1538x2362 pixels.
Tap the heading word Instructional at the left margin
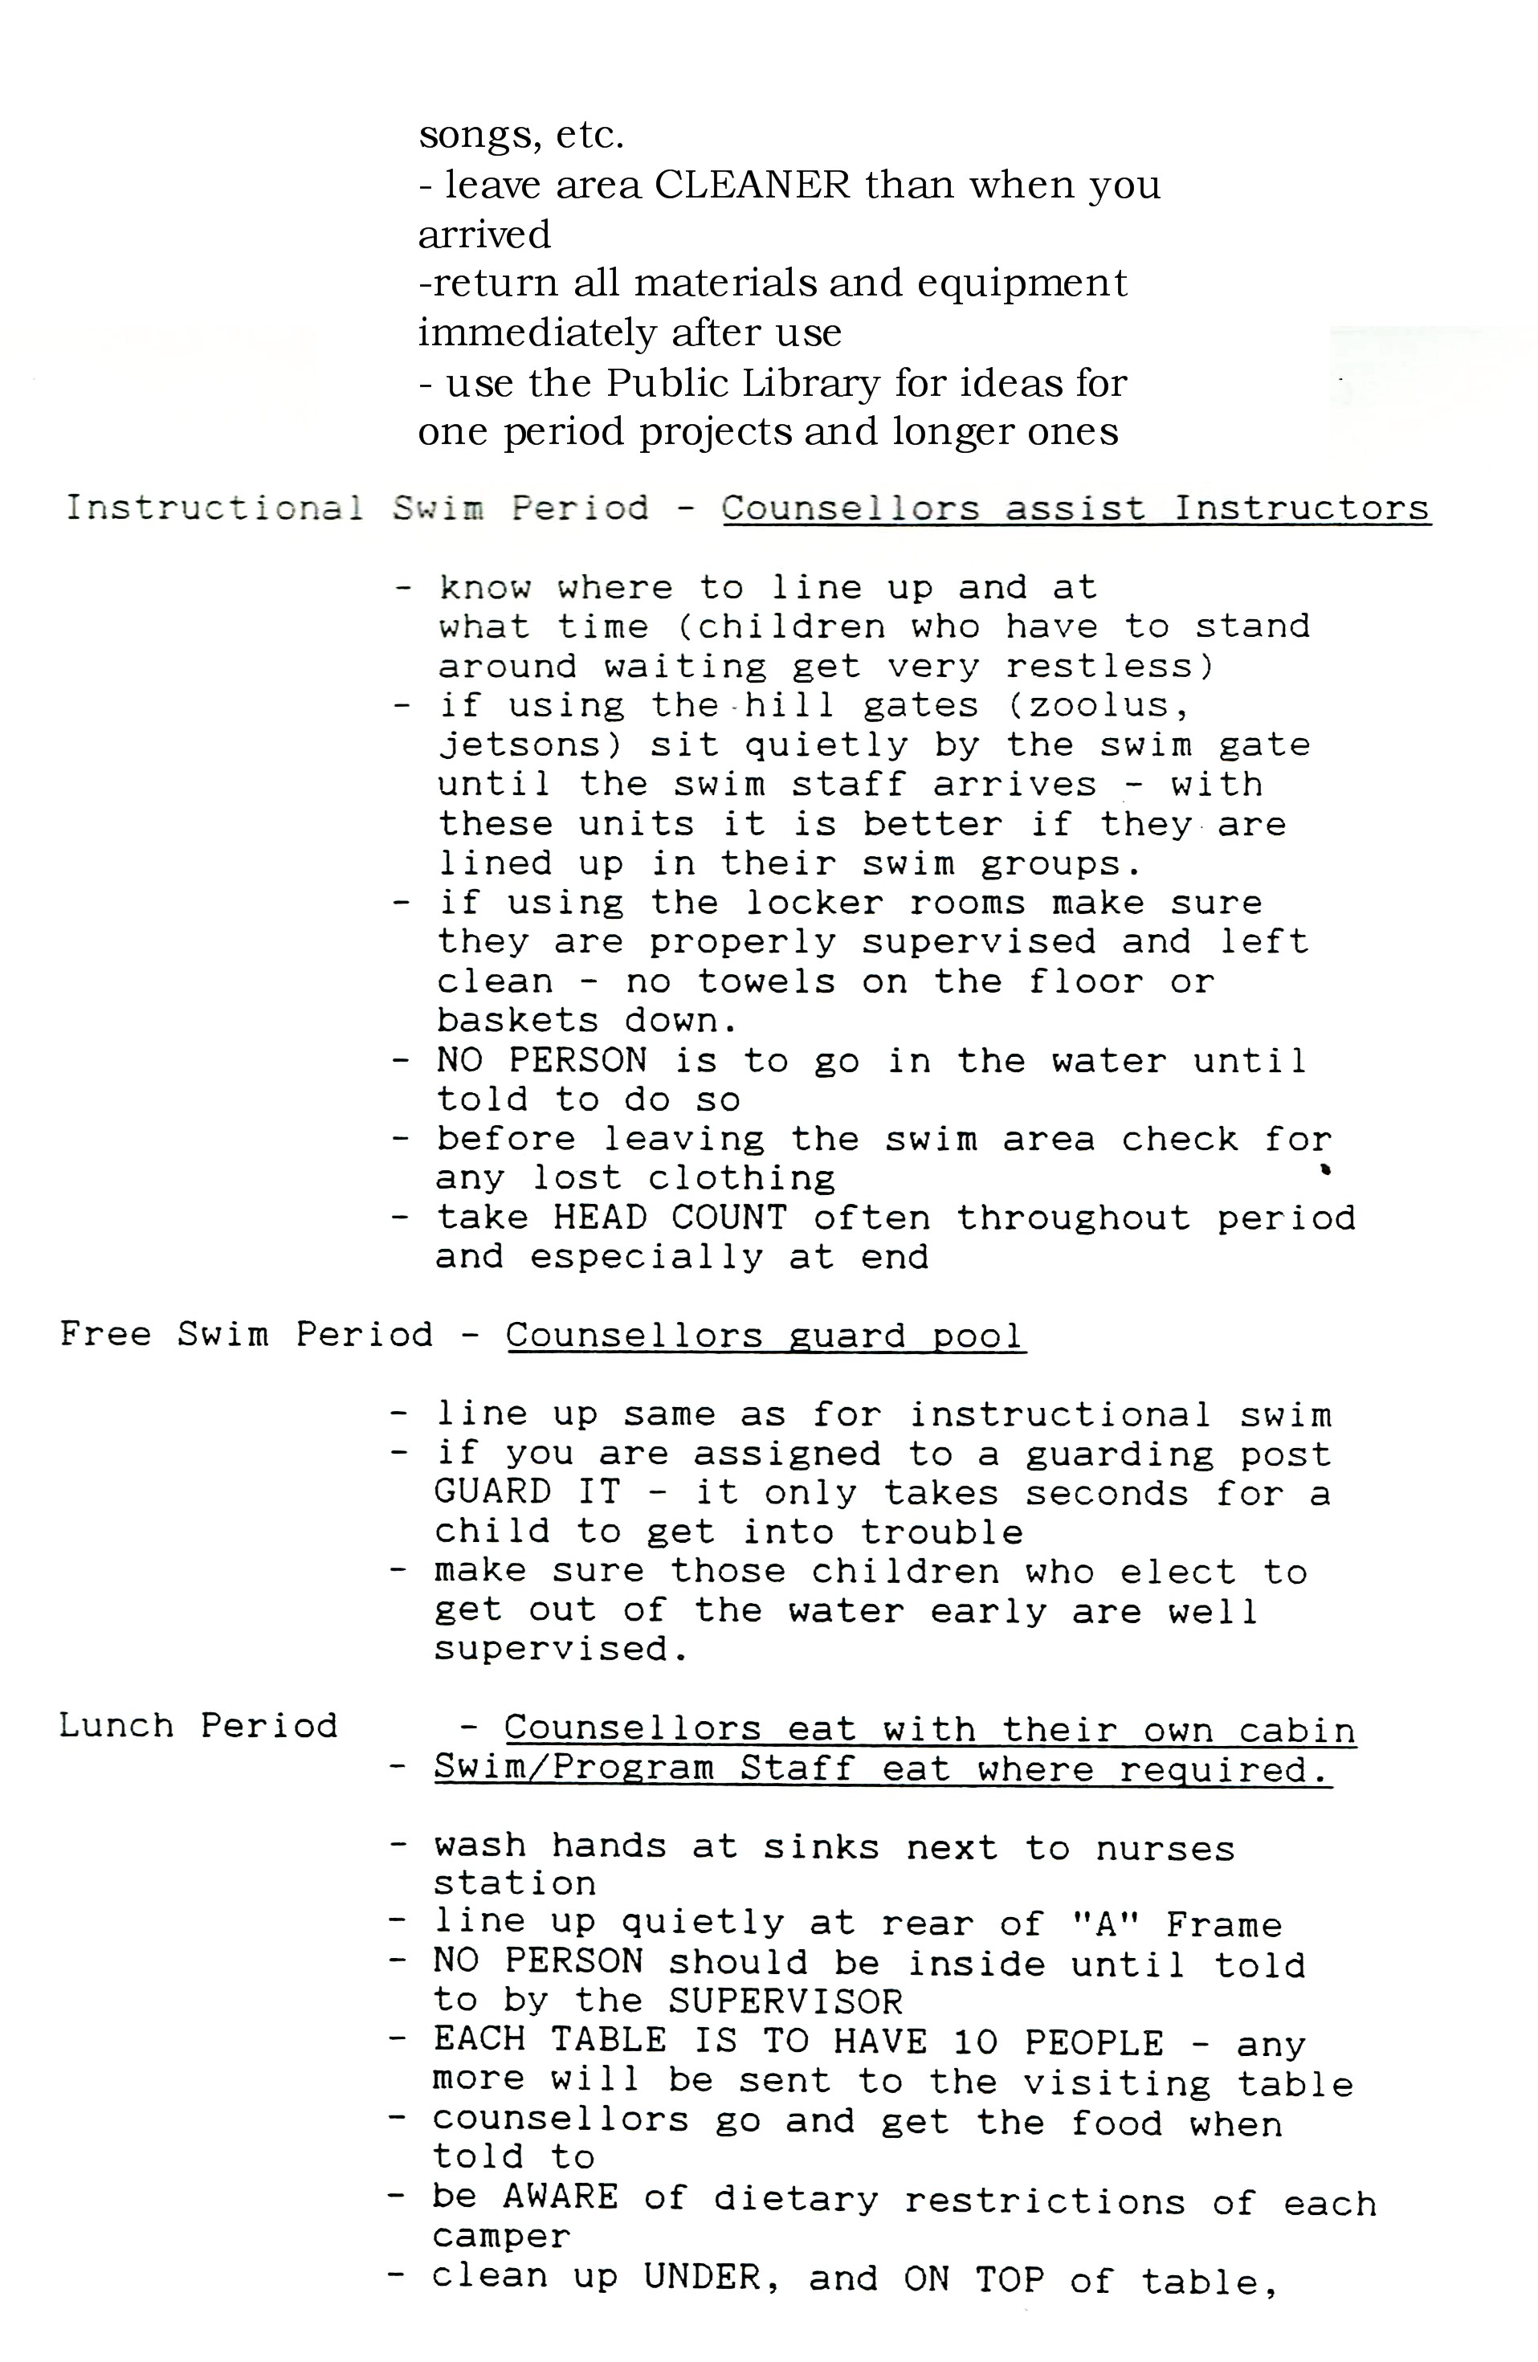[x=214, y=508]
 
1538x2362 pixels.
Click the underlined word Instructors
[x=1301, y=508]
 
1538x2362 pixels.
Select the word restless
[x=1108, y=666]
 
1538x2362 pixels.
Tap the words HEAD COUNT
[x=670, y=1218]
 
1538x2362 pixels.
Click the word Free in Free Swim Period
[x=105, y=1334]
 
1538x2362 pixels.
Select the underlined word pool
[x=977, y=1336]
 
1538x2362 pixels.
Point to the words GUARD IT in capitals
[x=527, y=1493]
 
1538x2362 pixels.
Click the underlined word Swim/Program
[x=573, y=1768]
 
